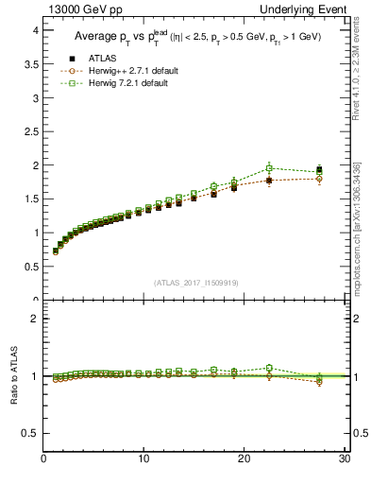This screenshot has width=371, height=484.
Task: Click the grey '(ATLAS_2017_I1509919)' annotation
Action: (196, 282)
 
